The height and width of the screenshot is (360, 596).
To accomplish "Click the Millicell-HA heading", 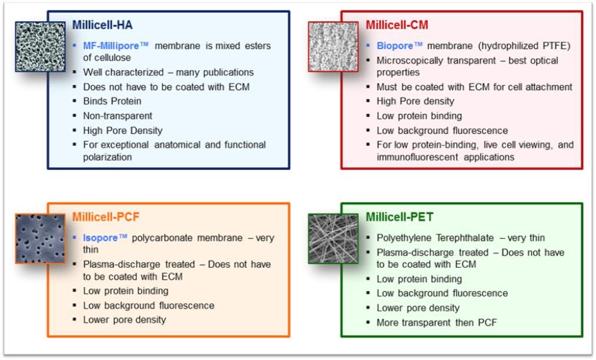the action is coord(102,25).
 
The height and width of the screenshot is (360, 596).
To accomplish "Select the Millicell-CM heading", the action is coord(397,25).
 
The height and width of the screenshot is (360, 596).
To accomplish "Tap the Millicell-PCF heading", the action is coord(106,217).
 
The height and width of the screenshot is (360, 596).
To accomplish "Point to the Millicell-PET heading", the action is coord(400,217).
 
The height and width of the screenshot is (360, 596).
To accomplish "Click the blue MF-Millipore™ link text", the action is coord(116,46).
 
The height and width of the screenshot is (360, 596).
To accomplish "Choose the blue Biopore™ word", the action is coord(400,46).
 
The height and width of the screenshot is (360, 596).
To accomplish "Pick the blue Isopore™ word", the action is coord(105,238).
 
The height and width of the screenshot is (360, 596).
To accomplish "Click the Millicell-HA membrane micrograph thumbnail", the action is coord(41,46).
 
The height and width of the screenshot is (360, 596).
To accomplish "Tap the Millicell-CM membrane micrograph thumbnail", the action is coord(333,46).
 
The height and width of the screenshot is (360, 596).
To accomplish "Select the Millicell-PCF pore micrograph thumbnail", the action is coord(41,239).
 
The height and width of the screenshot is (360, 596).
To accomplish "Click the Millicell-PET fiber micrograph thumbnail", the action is coord(333,239).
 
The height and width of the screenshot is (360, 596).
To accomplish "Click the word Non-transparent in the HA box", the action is coord(118,116).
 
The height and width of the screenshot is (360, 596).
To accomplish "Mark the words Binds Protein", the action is coord(112,101).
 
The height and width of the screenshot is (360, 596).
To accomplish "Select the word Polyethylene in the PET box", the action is coord(404,238).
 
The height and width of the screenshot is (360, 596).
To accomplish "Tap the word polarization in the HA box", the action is coord(108,157).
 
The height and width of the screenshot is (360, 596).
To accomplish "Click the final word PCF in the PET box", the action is coord(487,323).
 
